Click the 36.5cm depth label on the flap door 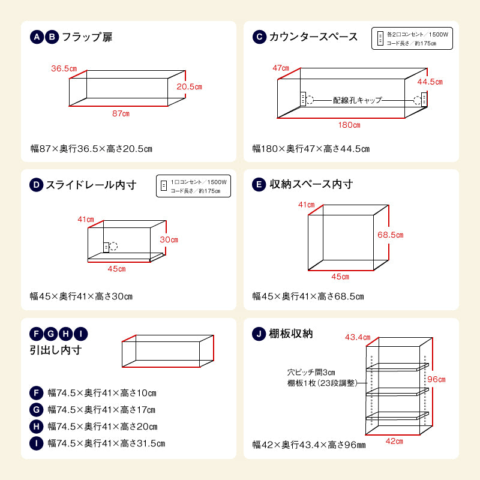[x=64, y=69]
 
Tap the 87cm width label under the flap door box [x=121, y=113]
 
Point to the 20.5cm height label [x=189, y=86]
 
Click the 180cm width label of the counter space [x=349, y=125]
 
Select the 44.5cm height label [x=430, y=82]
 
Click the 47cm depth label [x=281, y=68]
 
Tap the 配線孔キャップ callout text [x=358, y=100]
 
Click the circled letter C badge [x=259, y=37]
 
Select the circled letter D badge [x=37, y=185]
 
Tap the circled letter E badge [x=259, y=185]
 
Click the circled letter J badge [x=259, y=334]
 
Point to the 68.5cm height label [x=390, y=235]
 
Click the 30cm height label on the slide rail [x=169, y=239]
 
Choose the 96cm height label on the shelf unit [x=437, y=379]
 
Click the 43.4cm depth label [x=358, y=337]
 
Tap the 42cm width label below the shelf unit [x=394, y=441]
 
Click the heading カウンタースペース [x=314, y=37]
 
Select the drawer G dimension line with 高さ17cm [x=101, y=410]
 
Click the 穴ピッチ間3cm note [x=311, y=373]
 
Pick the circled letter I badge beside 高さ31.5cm [x=37, y=443]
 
